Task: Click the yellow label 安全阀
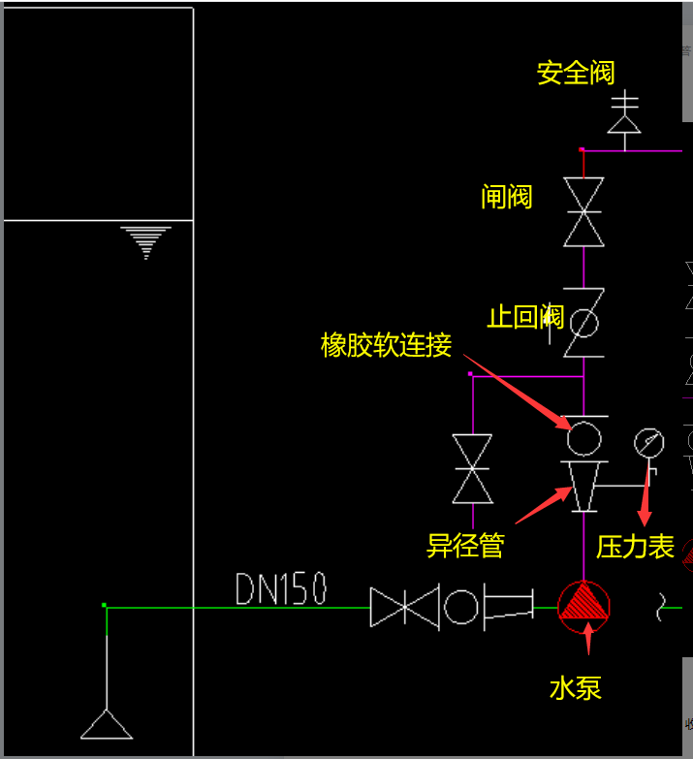tap(576, 73)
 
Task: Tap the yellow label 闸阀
tap(506, 197)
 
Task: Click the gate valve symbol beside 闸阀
tap(584, 211)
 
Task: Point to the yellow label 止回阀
tap(524, 317)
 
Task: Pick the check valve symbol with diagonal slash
tap(583, 322)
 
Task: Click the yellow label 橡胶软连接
tap(386, 345)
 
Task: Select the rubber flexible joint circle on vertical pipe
tap(583, 437)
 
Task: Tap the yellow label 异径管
tap(465, 545)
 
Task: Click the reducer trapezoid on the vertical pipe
tap(584, 485)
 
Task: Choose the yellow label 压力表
tap(635, 547)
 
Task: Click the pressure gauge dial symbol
tap(648, 443)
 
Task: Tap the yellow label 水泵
tap(576, 688)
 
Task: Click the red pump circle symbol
tap(584, 607)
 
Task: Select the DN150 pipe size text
tap(281, 588)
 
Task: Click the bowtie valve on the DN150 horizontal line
tap(405, 607)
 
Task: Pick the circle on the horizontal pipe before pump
tap(461, 607)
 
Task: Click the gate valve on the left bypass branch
tap(472, 468)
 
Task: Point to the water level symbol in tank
tap(146, 241)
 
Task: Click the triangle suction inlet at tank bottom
tap(107, 724)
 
